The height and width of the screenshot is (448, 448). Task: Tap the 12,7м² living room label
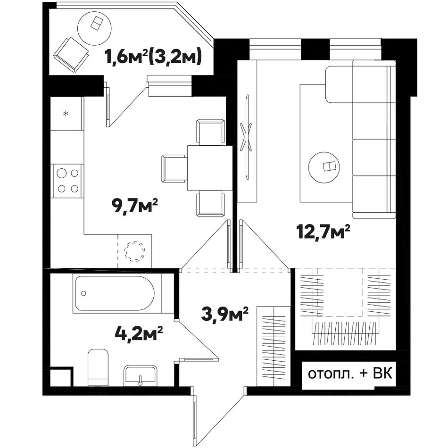(x=323, y=232)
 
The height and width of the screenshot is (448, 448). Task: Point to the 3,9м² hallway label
(x=224, y=314)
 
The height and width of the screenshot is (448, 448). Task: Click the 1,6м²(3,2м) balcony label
(x=153, y=56)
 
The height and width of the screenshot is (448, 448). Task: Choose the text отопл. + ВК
(x=350, y=373)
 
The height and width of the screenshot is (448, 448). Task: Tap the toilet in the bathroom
(x=98, y=367)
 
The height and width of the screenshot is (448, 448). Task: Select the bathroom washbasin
(x=140, y=376)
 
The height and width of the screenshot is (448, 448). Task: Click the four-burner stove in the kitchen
(x=67, y=181)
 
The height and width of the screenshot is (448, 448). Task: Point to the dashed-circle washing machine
(x=134, y=251)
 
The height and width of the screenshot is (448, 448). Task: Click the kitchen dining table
(x=209, y=168)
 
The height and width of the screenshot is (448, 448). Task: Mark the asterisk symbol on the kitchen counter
(x=66, y=114)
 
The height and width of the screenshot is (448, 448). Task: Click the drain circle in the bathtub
(x=84, y=293)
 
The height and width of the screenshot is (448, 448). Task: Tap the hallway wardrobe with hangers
(x=274, y=346)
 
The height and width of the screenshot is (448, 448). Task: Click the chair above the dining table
(x=210, y=133)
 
